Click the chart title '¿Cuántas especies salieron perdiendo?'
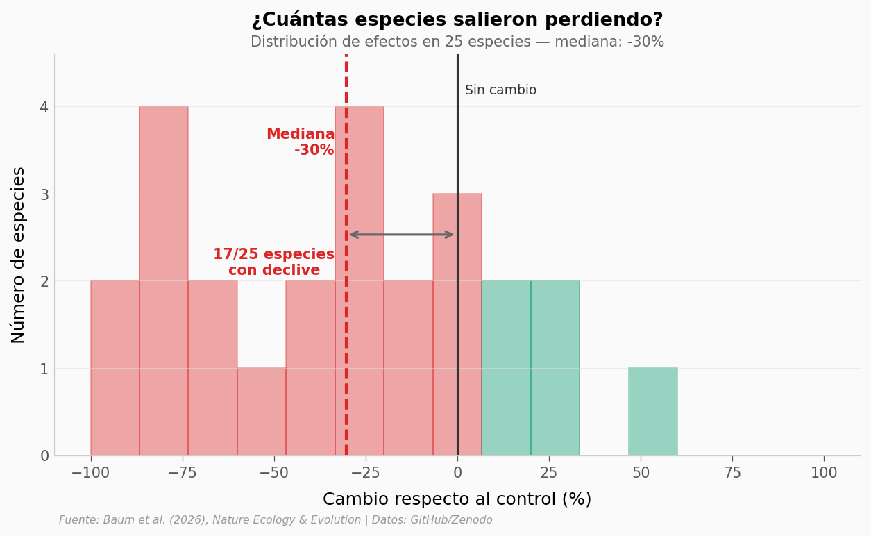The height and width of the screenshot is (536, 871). coord(457,20)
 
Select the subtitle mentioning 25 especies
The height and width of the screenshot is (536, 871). coord(457,42)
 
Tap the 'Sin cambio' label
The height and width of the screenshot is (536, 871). coord(500,90)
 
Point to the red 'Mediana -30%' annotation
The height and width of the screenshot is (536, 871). coord(301,142)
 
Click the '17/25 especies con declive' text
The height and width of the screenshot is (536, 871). coord(273,262)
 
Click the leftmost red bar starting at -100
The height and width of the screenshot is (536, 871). coord(115,368)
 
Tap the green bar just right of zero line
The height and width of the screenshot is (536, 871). coord(506,368)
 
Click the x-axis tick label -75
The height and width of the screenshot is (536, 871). coord(183,474)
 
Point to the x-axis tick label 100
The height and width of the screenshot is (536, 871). coord(824,474)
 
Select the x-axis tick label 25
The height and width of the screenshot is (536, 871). coord(549,474)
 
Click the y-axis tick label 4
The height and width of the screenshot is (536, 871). coord(44,107)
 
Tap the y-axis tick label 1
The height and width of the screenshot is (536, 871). coord(44,369)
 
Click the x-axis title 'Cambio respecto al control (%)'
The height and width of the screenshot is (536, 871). coord(457,499)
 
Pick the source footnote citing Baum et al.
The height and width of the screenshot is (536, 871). coord(276,520)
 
